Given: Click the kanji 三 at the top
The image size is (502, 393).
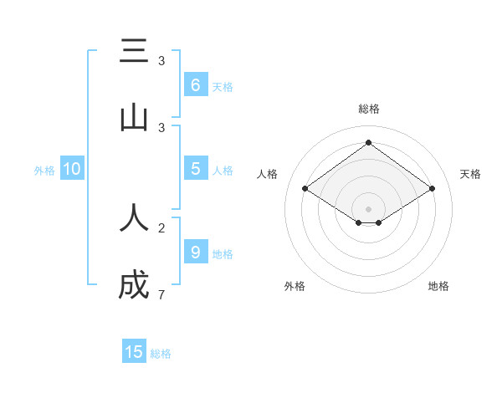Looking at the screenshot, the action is click(x=134, y=52).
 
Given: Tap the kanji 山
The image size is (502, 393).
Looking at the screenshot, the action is click(x=134, y=119).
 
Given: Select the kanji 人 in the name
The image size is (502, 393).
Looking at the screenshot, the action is click(x=134, y=218).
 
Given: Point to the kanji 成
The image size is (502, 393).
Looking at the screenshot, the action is click(x=134, y=285).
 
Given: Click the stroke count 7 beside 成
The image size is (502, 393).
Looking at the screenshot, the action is click(x=161, y=294).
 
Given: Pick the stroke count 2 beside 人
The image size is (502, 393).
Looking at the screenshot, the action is click(x=161, y=227).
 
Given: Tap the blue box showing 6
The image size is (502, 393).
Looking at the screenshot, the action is click(x=195, y=85).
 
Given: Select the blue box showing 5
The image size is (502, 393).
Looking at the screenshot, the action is click(x=195, y=169).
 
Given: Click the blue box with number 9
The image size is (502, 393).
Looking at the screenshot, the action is click(x=195, y=252).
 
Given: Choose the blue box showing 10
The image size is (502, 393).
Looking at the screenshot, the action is click(x=72, y=169).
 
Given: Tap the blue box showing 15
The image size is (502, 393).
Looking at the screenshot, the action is click(x=134, y=352).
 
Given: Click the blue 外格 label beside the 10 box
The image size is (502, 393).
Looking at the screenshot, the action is click(x=44, y=171).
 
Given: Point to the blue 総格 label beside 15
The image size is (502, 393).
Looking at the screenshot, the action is click(x=161, y=354).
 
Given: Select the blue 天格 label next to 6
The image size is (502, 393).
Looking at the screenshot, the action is click(x=223, y=87).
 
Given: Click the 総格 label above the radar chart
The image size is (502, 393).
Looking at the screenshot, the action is click(x=369, y=109).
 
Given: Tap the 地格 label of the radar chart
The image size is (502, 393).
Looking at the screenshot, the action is click(x=438, y=287).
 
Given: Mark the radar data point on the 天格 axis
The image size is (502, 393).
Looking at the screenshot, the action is click(x=433, y=189).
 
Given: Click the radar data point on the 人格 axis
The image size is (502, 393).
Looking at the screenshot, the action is click(x=305, y=189).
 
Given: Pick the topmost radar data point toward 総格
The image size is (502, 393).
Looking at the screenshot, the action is click(x=369, y=143).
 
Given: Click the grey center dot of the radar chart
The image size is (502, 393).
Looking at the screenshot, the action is click(x=369, y=208).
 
